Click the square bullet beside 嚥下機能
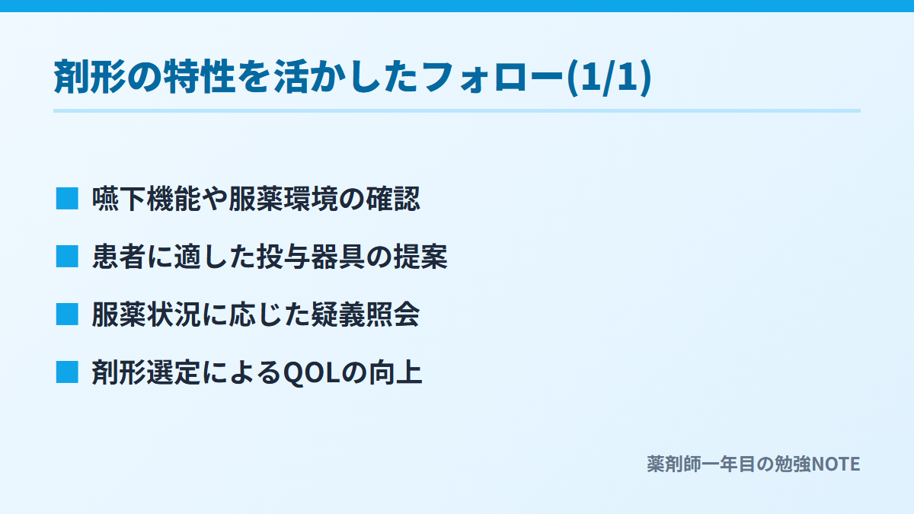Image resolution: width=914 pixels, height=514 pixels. point(67,199)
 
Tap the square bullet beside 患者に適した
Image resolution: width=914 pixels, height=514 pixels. point(67,257)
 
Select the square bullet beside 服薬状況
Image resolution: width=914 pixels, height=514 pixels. point(67,314)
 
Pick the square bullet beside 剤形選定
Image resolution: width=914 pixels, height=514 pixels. point(67,372)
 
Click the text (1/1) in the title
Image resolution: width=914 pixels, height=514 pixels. point(609,78)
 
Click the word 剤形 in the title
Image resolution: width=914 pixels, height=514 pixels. point(90,77)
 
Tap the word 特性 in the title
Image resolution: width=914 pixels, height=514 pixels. point(200,77)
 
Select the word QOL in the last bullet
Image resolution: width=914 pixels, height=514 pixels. point(312,373)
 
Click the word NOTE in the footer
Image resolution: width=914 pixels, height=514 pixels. point(836,465)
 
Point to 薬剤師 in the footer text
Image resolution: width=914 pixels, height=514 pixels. point(673,465)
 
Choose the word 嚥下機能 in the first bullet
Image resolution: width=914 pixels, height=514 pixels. point(146,199)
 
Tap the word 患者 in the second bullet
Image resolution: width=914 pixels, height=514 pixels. point(119,257)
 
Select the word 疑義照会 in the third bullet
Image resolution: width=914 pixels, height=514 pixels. point(365,315)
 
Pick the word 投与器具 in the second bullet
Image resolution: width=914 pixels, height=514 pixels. point(311,257)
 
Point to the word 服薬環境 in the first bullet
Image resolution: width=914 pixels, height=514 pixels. point(283,199)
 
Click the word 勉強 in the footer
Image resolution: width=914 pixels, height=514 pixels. point(793,465)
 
